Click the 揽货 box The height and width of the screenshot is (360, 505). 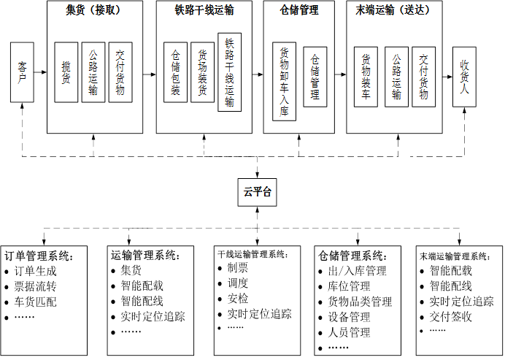[66, 72]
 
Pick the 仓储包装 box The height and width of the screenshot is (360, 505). [176, 72]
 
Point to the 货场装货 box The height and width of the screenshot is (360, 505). [202, 72]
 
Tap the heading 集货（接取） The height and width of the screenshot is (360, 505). [93, 10]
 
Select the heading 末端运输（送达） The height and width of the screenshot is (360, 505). [395, 10]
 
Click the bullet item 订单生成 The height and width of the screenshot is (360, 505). [36, 271]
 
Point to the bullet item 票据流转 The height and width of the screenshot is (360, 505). [36, 286]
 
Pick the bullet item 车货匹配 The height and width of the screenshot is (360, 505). [36, 302]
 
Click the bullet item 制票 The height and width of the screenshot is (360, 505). [238, 267]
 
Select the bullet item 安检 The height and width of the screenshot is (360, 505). [238, 298]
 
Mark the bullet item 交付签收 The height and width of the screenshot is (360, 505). [451, 316]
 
